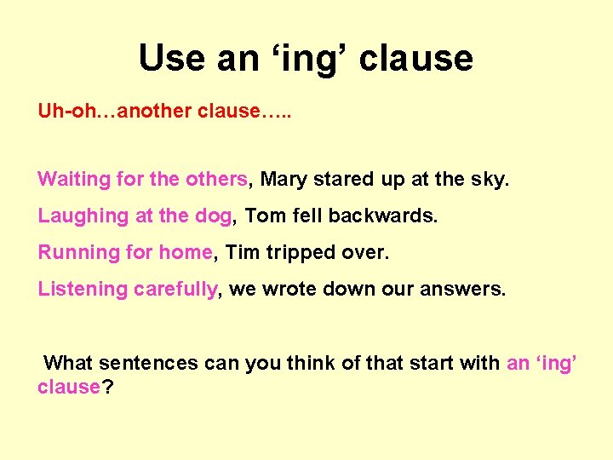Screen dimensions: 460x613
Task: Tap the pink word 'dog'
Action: pos(213,216)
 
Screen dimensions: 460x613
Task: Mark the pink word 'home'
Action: pos(186,252)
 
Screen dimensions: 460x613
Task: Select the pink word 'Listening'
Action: pos(82,289)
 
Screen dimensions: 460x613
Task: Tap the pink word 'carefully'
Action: pos(175,289)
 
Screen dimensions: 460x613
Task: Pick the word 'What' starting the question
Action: pos(68,363)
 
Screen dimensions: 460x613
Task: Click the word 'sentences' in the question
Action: pos(149,363)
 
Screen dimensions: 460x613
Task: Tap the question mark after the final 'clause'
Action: pos(108,386)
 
